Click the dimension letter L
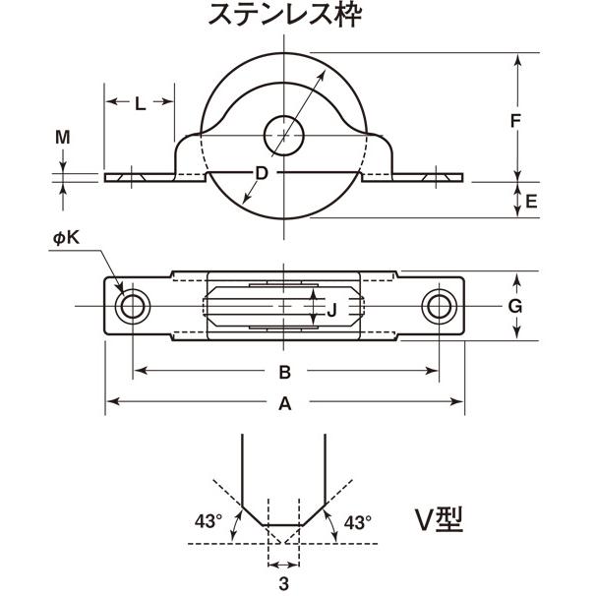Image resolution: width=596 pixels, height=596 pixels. coord(140,103)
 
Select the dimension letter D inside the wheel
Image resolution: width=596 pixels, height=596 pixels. coord(262,174)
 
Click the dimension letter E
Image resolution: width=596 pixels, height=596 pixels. coord(531,202)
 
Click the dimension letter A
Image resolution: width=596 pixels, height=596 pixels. coord(284,402)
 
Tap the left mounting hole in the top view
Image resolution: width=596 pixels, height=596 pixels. coord(131,307)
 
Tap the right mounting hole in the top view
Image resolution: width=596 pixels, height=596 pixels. coord(439,307)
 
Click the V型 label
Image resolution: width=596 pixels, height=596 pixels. coord(437,520)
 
